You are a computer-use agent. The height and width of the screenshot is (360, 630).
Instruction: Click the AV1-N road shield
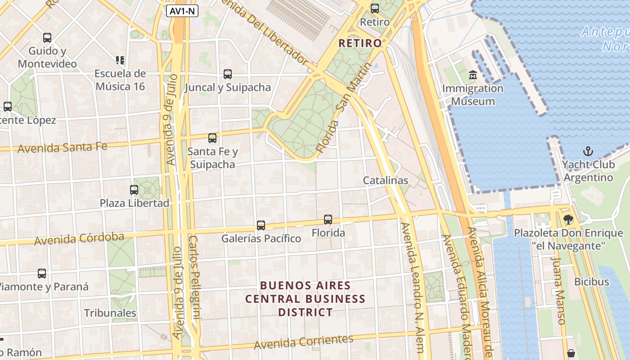coord(182,11)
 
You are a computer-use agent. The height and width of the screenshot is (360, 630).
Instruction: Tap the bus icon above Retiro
coord(374,8)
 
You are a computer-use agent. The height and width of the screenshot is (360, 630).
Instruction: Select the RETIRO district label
coord(360,43)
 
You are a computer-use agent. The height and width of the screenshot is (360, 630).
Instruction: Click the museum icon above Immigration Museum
coord(472,74)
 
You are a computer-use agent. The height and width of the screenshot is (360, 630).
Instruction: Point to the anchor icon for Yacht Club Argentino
coord(588,151)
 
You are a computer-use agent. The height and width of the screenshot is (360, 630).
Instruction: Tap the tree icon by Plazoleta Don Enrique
coord(568,219)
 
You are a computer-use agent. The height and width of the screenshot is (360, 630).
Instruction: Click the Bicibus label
coord(591,282)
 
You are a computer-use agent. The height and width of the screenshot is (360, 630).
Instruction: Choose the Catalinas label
coord(386,180)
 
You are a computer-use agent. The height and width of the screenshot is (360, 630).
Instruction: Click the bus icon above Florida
coord(328,220)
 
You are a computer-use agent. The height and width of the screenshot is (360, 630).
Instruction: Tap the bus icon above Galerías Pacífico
coord(261,225)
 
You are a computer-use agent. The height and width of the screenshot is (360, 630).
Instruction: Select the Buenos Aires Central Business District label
coord(306,299)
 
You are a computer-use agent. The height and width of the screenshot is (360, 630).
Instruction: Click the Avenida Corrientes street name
coord(303,342)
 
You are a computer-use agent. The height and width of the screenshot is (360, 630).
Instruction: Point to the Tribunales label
coord(110,313)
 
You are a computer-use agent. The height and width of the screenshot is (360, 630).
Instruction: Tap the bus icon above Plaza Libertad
coord(134,189)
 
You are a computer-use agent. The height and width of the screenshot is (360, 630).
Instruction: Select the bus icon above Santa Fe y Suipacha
coord(212,138)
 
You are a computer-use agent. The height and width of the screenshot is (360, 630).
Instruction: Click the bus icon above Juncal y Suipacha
coord(228,74)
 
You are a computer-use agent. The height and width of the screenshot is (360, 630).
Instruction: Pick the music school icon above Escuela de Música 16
coord(120,60)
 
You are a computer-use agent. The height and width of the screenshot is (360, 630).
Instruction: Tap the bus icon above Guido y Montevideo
coord(47,38)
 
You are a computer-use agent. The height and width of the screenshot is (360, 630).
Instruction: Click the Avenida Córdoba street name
coord(79,238)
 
